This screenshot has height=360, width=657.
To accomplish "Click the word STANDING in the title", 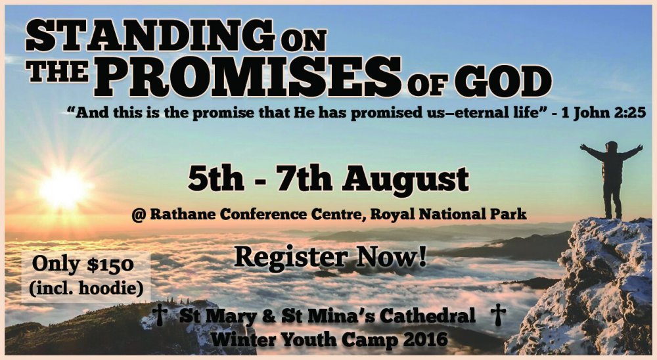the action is pos(150,36).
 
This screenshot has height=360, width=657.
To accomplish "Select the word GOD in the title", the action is pos(503,83).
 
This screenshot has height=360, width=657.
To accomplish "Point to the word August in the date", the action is pos(405,180).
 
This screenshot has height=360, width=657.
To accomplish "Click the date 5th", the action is pos(215,179).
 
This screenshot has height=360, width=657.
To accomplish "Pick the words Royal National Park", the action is pos(448,214).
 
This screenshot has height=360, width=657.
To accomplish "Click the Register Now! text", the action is pos(330,257).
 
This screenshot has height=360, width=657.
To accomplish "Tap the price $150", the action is pos(110,265).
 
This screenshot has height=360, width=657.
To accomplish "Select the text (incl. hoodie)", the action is pos(86,288).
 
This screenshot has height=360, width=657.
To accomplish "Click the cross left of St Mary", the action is pos(160,315).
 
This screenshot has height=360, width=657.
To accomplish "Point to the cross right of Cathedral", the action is pos(498,315).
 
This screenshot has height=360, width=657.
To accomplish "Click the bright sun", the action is pos(64,188).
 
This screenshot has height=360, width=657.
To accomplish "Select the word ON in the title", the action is pos(304,41).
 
